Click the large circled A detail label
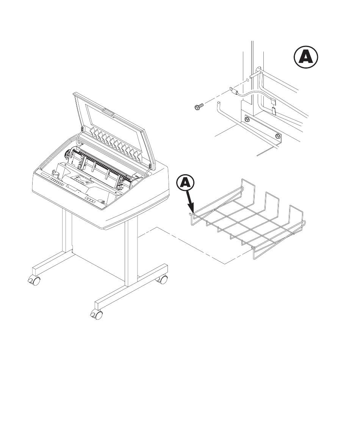pos(305,58)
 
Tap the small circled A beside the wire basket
pos(185,183)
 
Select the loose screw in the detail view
pos(199,107)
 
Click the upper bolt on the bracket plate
pos(247,119)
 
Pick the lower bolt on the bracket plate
pos(277,136)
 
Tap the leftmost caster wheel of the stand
pos(34,281)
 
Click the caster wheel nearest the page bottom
pos(96,314)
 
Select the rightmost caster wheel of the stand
pos(162,280)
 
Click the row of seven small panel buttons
pos(56,182)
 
